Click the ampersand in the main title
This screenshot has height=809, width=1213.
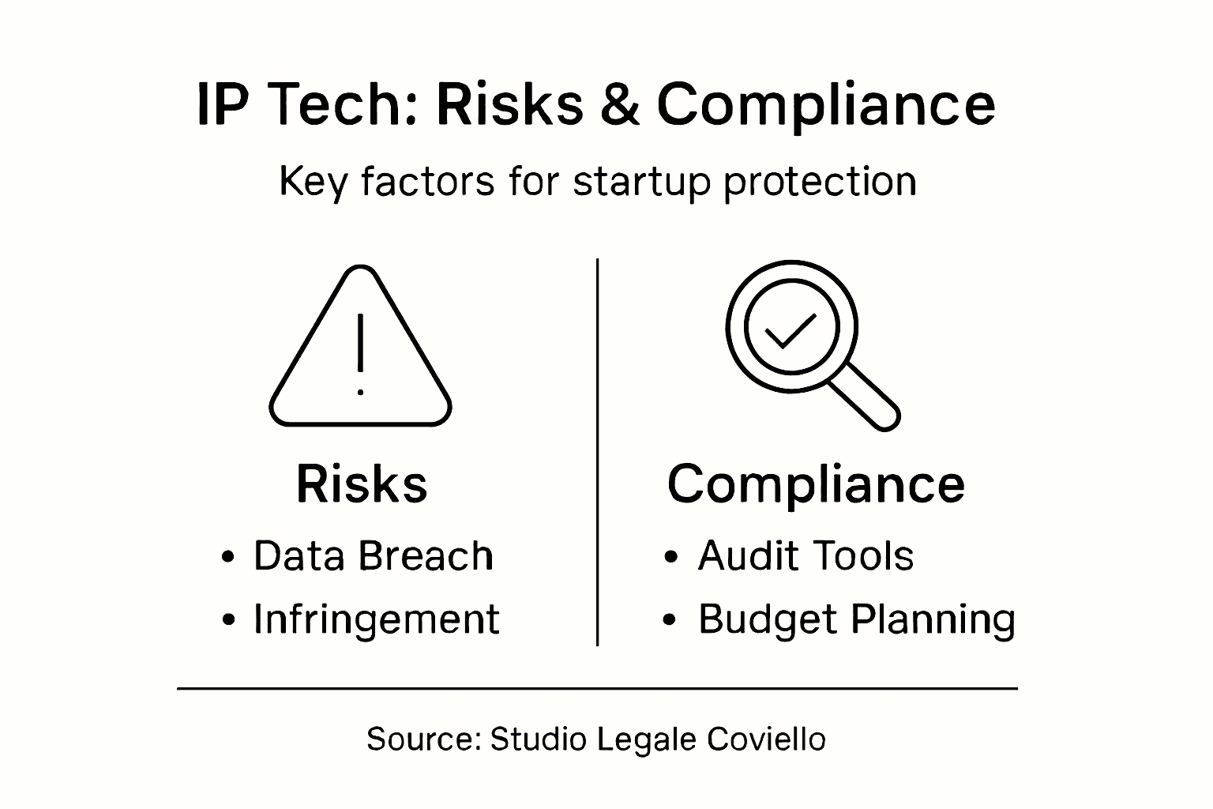tap(621, 104)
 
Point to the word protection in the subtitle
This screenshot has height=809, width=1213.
tap(819, 182)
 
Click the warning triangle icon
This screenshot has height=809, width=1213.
tap(361, 348)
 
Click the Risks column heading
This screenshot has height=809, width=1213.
tap(362, 484)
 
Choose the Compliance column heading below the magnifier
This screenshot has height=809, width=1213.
tap(816, 484)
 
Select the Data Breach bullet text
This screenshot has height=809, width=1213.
tap(373, 556)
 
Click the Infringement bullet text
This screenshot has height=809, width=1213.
tap(376, 619)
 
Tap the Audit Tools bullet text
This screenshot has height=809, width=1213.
tap(806, 556)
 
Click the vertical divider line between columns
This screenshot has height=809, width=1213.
tap(597, 450)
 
